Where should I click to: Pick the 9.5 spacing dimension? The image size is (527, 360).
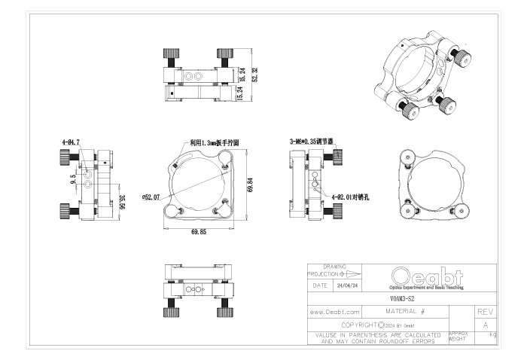pos(74,179)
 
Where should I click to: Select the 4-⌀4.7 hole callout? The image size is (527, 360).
pos(72,140)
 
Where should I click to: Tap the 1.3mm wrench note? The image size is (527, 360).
pos(213,141)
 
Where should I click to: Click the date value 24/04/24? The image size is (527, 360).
pos(347,285)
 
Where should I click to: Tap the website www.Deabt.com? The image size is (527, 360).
pos(335,311)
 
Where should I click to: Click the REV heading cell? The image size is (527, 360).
pos(485,311)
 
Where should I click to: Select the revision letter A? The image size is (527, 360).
pos(485,324)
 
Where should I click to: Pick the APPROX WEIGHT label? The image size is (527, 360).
pos(458,335)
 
